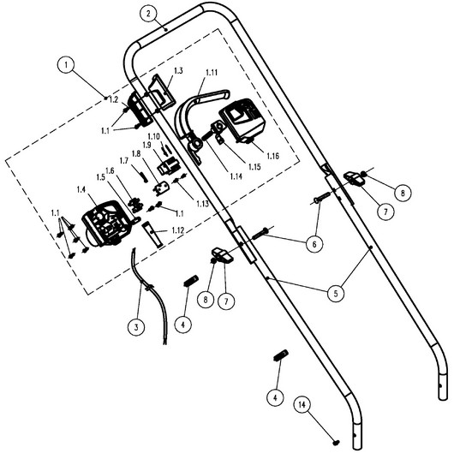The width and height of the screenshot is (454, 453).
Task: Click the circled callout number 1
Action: tap(66, 64)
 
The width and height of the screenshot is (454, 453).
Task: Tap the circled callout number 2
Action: tap(148, 15)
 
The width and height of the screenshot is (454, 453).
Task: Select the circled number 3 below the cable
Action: tap(136, 327)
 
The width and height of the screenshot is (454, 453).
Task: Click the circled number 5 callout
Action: tap(336, 294)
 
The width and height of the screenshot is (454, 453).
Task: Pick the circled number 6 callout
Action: tap(314, 244)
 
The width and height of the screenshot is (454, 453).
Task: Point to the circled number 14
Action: tap(302, 405)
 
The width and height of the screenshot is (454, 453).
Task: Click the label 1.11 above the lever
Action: tap(212, 73)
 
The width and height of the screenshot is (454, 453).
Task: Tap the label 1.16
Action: tap(272, 156)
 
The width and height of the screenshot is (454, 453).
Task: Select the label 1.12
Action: tap(178, 230)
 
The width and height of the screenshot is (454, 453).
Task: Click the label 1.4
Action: tap(81, 190)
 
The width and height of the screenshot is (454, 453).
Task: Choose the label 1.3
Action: tap(178, 70)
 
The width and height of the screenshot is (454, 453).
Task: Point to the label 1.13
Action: tap(202, 204)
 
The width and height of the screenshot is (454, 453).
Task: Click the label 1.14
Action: tap(236, 176)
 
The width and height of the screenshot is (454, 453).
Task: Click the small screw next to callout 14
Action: tap(336, 443)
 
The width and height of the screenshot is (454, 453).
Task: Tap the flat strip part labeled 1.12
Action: tap(152, 234)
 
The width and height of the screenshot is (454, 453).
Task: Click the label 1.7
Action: tap(124, 161)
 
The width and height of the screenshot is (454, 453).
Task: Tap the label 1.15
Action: tap(254, 166)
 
